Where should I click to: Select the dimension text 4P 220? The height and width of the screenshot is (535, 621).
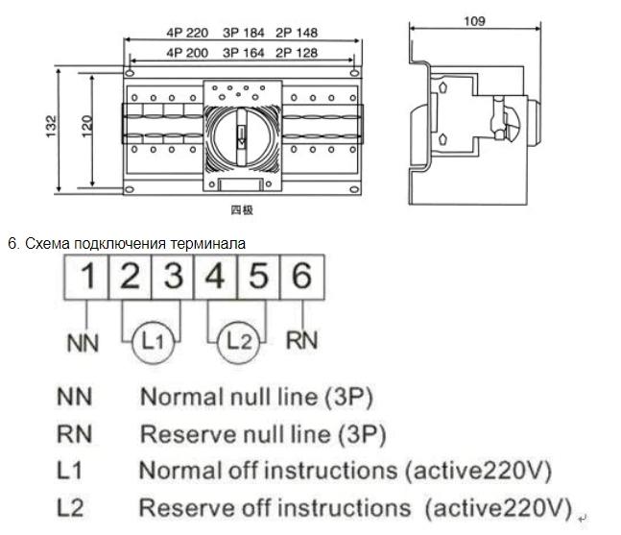click(187, 32)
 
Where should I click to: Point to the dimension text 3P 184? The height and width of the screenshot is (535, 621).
click(241, 32)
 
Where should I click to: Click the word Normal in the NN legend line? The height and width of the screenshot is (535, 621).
click(179, 397)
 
